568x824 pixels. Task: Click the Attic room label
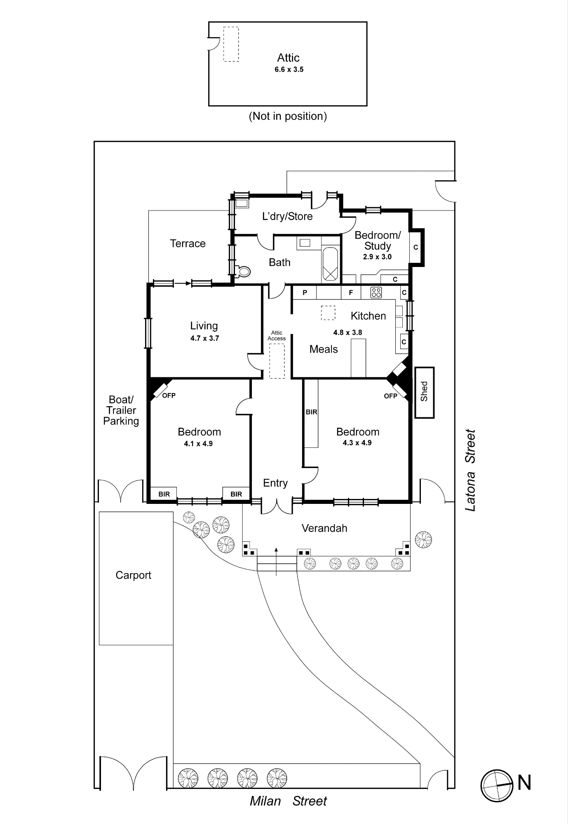[x=288, y=58]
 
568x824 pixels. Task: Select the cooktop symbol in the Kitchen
[x=376, y=293]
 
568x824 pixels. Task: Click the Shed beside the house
[x=424, y=392]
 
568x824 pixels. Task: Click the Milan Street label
[x=288, y=801]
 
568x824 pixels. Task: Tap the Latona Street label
[x=470, y=471]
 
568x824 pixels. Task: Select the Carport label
[x=133, y=575]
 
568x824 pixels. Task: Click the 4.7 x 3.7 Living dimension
[x=205, y=338]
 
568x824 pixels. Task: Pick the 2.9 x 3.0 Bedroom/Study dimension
[x=377, y=257]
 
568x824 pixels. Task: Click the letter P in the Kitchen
[x=305, y=293]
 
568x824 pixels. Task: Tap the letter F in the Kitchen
[x=351, y=293]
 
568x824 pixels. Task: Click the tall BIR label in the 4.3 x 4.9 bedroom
[x=311, y=412]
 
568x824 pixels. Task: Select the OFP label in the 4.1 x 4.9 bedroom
[x=169, y=396]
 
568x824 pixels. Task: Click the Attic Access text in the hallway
[x=277, y=335]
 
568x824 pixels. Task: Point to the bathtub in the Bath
[x=330, y=265]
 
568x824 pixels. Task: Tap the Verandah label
[x=324, y=528]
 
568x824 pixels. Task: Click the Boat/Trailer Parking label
[x=121, y=410]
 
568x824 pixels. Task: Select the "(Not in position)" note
[x=288, y=116]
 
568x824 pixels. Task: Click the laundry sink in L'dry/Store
[x=242, y=203]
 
